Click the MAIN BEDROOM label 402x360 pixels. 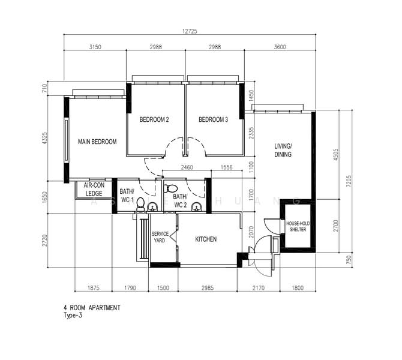tap(97, 142)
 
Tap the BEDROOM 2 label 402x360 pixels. tap(154, 119)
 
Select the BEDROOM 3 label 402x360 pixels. tap(214, 119)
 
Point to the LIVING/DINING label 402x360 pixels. tap(283, 150)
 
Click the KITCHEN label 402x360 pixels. tap(206, 239)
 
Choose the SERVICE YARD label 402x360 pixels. tap(160, 237)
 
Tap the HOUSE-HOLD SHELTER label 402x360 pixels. tap(298, 226)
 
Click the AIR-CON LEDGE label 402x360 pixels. tap(94, 189)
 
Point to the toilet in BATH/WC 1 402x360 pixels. tap(140, 204)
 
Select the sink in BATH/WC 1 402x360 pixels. tap(152, 207)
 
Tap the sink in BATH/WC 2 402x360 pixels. tap(197, 207)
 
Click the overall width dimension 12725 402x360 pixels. tap(190, 31)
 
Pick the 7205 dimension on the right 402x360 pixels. tap(349, 181)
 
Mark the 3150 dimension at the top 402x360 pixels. tap(95, 47)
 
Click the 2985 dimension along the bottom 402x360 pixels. tap(208, 288)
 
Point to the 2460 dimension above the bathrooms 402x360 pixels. tap(187, 167)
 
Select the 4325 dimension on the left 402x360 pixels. tap(45, 138)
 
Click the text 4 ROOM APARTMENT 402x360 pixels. tap(92, 308)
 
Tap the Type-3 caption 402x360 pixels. tap(73, 316)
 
